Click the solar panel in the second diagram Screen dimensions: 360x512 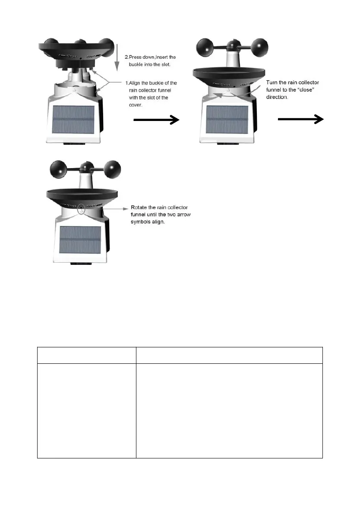227,120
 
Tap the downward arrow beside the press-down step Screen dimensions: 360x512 116,56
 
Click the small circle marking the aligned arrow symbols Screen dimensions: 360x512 81,207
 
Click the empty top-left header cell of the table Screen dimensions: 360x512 86,355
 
